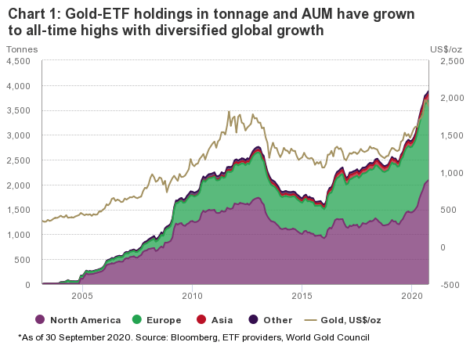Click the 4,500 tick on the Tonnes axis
[18, 61]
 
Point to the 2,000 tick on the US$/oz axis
[452, 99]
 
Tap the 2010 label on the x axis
[192, 296]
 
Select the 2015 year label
[302, 296]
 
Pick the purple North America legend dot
[40, 319]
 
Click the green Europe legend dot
[136, 319]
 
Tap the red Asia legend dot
[201, 319]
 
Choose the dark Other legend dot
[253, 319]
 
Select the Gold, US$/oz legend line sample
[310, 320]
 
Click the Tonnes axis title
[22, 49]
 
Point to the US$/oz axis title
[446, 49]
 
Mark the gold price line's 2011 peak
[229, 111]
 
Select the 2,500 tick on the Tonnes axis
[18, 160]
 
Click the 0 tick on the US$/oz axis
[443, 247]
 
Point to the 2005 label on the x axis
[82, 296]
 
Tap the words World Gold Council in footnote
[327, 337]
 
